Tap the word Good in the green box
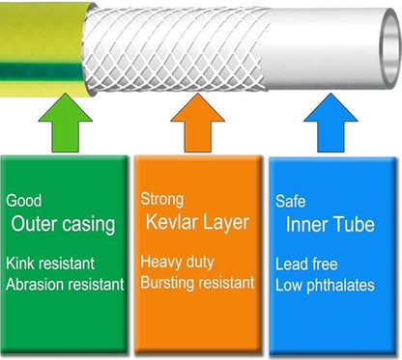click(x=23, y=201)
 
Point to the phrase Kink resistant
click(x=52, y=263)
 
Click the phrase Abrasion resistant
click(x=66, y=284)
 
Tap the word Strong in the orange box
click(x=161, y=201)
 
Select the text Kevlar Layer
click(x=197, y=224)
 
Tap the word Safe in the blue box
click(x=291, y=201)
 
